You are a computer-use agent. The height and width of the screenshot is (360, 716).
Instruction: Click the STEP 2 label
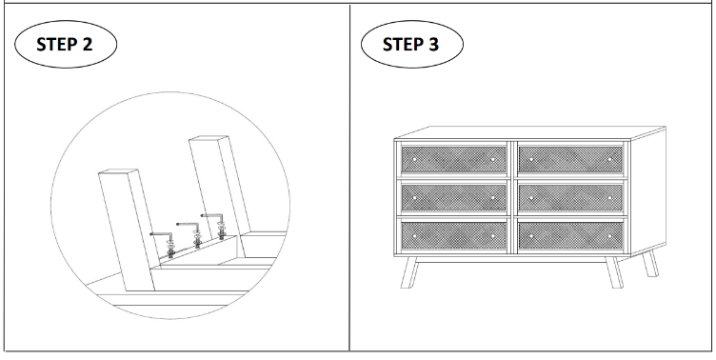click(x=65, y=45)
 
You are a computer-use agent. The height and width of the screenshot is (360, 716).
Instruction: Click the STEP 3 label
click(x=410, y=45)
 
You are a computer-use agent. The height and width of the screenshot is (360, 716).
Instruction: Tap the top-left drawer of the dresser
click(x=453, y=159)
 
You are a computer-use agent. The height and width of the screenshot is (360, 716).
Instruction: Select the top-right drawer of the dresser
click(x=570, y=159)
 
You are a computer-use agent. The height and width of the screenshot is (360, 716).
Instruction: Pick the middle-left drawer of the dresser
click(x=453, y=198)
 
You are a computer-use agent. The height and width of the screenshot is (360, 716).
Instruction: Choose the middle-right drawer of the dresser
click(x=570, y=198)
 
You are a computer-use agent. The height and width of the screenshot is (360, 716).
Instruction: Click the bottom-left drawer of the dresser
click(x=453, y=236)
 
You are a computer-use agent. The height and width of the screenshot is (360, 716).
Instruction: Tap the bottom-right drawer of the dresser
click(x=570, y=236)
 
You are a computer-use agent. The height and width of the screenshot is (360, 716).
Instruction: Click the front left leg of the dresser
click(x=409, y=272)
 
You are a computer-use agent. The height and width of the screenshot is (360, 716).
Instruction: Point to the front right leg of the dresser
click(x=614, y=272)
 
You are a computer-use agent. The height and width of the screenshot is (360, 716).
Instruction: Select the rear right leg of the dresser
click(x=650, y=264)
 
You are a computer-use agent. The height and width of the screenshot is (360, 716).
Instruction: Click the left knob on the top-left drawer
click(x=414, y=159)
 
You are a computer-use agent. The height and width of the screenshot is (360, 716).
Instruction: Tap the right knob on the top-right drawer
click(x=609, y=159)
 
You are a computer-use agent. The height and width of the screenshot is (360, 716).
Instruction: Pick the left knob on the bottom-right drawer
click(x=531, y=236)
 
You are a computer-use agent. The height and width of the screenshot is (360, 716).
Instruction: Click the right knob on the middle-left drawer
click(x=492, y=198)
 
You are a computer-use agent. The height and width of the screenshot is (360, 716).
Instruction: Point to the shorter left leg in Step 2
click(x=128, y=230)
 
